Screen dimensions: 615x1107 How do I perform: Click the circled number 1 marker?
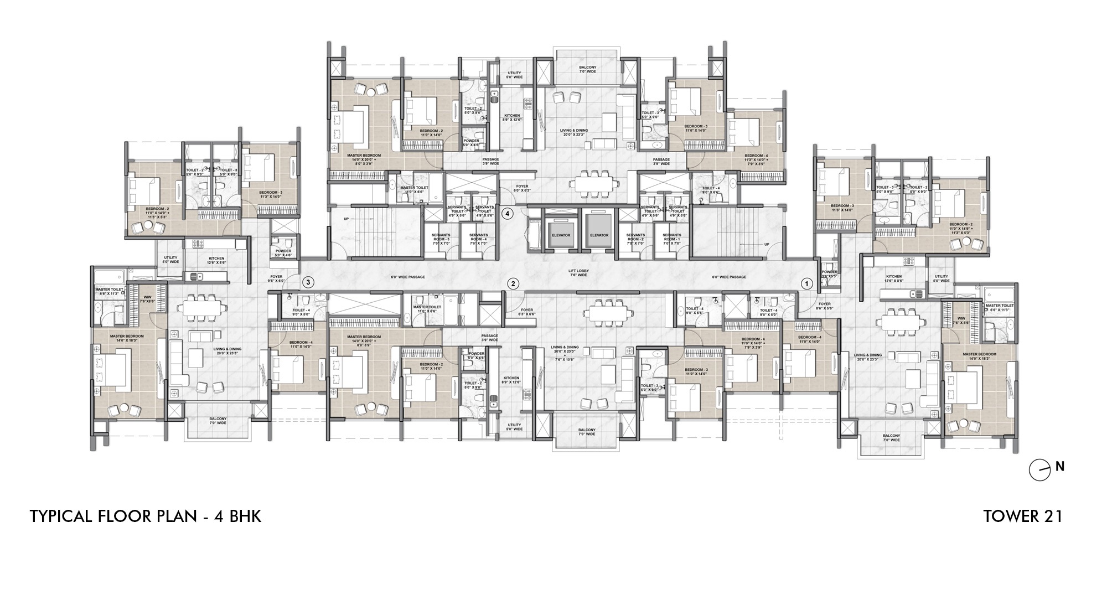[806, 283]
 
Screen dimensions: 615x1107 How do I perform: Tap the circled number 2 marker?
[514, 283]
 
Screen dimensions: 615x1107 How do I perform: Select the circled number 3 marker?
[309, 282]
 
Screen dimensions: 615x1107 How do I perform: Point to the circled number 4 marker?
[508, 213]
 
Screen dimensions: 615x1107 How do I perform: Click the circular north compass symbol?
[1039, 471]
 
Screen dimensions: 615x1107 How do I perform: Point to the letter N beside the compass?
[1059, 467]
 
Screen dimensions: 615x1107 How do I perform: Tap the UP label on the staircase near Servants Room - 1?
[767, 244]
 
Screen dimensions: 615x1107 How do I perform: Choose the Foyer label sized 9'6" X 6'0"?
[276, 278]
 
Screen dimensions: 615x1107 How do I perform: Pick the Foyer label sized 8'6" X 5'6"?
[825, 306]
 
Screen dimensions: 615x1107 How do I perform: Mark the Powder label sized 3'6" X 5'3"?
[829, 275]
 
